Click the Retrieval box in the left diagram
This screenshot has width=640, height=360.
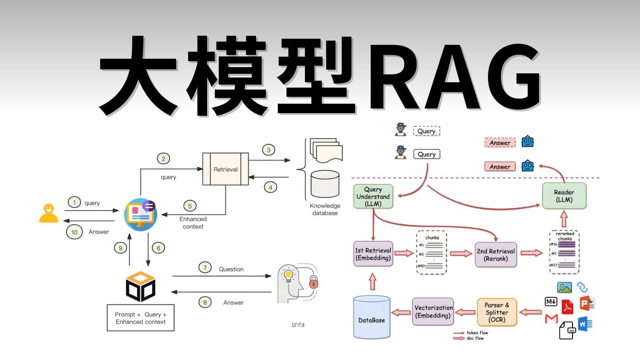(x=225, y=169)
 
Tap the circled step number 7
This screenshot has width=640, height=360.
(x=205, y=268)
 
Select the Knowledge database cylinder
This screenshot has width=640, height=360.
(x=324, y=184)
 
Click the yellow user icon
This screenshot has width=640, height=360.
(x=49, y=213)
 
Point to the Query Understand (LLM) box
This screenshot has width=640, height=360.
(x=373, y=196)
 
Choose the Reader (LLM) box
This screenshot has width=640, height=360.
(x=564, y=196)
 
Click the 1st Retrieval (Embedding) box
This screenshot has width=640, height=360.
(x=373, y=254)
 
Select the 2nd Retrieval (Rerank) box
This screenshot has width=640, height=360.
(x=496, y=255)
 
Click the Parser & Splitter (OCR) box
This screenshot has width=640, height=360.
(x=497, y=312)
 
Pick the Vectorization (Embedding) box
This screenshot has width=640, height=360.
(x=433, y=312)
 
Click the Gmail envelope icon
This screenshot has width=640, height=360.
(x=551, y=319)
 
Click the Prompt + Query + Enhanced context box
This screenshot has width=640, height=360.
(x=140, y=318)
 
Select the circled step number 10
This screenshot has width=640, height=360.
(x=74, y=232)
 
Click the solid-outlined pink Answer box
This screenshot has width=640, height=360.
(x=500, y=167)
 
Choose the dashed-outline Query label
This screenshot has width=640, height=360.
(x=426, y=131)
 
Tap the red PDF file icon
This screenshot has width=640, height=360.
(x=568, y=307)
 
